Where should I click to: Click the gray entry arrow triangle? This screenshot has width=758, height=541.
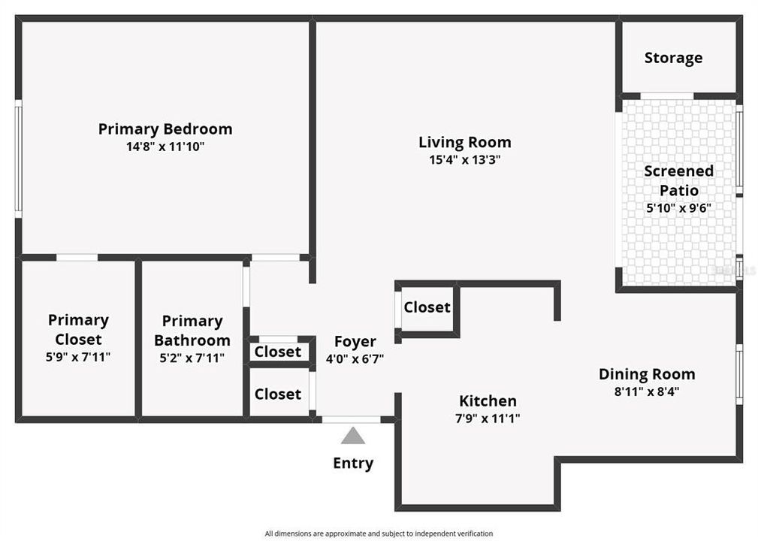(x=352, y=436)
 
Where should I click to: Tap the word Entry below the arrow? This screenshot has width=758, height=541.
(x=353, y=463)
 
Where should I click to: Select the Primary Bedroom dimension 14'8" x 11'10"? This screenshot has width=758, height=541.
(x=165, y=147)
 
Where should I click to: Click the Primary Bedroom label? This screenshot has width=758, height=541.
(x=165, y=128)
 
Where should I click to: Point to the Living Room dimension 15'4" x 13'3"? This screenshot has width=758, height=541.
(x=464, y=160)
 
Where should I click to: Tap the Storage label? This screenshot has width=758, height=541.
(x=673, y=58)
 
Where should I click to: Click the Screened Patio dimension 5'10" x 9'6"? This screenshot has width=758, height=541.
(x=678, y=208)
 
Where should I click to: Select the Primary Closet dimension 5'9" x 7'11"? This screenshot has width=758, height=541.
(x=78, y=358)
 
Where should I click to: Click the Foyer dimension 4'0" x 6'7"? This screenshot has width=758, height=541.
(x=355, y=359)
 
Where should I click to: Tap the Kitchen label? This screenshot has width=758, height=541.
(x=488, y=400)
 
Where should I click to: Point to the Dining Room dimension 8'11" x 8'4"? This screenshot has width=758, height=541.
(x=647, y=391)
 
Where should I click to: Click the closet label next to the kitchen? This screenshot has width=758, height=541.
(x=427, y=307)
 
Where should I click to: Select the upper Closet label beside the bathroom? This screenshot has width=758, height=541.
(x=278, y=352)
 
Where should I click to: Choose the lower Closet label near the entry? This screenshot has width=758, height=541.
(x=278, y=394)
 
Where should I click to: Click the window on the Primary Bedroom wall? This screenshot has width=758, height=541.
(x=18, y=159)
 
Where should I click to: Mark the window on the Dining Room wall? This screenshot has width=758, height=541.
(x=739, y=373)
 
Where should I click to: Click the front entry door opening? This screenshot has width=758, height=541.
(x=351, y=419)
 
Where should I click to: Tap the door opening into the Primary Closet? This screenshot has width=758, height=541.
(x=77, y=258)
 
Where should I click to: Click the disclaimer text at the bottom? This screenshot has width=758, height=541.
(x=379, y=533)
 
